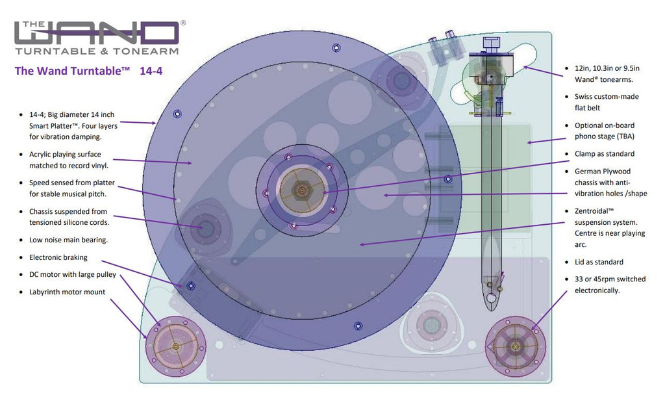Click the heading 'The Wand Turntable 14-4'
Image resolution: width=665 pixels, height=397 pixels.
click(x=88, y=71)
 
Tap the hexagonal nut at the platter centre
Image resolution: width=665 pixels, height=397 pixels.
click(x=302, y=190)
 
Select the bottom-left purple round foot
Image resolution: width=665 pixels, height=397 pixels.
click(x=175, y=346)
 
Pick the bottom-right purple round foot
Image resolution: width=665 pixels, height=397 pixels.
click(x=515, y=346)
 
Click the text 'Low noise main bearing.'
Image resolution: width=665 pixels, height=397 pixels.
click(x=69, y=240)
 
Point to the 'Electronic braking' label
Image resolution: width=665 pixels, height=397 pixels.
click(x=58, y=257)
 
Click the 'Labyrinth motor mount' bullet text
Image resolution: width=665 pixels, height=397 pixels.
click(x=67, y=292)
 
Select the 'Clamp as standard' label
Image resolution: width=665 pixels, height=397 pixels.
click(x=605, y=154)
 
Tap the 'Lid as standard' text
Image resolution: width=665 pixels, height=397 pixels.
click(x=599, y=262)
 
